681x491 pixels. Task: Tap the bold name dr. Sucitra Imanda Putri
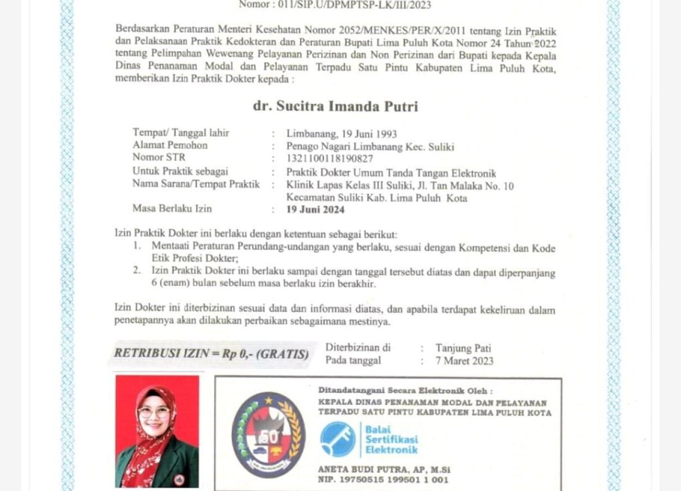coord(335,106)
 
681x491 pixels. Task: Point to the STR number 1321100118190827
coord(330,159)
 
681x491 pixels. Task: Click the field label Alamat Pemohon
coord(170,145)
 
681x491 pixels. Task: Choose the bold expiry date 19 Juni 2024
coord(315,209)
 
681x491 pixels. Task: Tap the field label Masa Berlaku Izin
coord(172,208)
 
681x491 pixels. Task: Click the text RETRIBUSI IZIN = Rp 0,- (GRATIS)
coord(211,354)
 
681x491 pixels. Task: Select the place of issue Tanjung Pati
coord(463,348)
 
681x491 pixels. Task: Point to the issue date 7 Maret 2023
coord(464,361)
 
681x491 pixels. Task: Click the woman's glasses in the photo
coord(154,413)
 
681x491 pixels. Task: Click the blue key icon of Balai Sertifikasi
coord(338,439)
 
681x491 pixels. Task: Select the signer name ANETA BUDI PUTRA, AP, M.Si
coord(384,469)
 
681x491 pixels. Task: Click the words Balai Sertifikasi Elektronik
coord(391,439)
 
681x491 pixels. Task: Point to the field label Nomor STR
coord(159,157)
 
